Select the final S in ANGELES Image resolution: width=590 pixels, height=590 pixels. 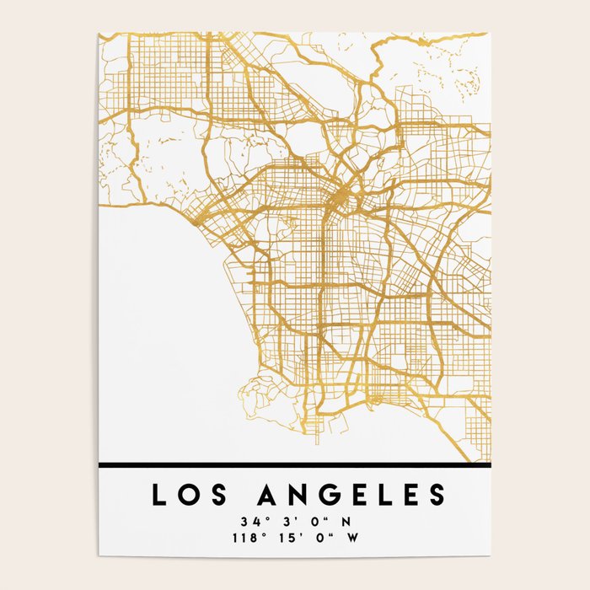pos(435,495)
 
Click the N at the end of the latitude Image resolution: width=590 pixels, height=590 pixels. pos(346,520)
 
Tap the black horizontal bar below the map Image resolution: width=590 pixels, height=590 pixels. pos(294,464)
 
